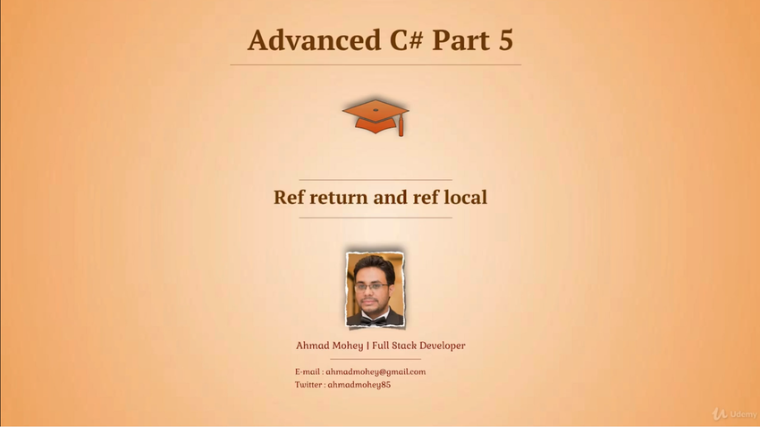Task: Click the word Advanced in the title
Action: pos(314,39)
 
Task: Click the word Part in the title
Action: pos(460,40)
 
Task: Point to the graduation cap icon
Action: pos(376,117)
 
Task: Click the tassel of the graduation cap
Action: pos(401,127)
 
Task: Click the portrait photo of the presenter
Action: pos(375,289)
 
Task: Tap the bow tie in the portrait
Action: pos(374,320)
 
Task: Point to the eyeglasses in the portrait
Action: pos(371,286)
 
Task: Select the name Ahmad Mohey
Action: pos(329,346)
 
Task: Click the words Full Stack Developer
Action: pos(418,346)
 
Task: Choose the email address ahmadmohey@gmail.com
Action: pos(376,371)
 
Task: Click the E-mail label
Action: pos(308,371)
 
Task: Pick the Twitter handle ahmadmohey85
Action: pos(359,385)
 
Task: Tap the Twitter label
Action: pos(308,385)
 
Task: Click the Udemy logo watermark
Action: pos(734,414)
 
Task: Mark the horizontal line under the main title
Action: pos(376,64)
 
